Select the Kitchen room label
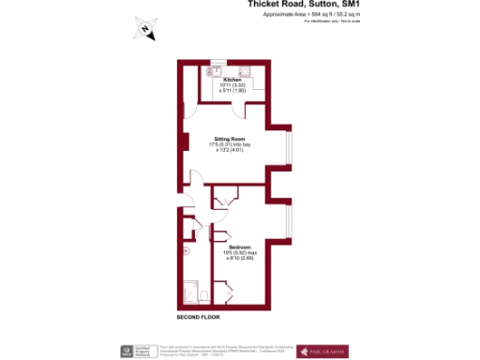point(232,80)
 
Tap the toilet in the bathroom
point(202,297)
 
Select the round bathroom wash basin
point(187,251)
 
